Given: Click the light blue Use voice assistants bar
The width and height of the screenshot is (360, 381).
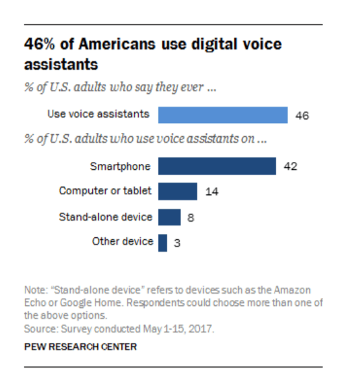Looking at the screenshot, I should [x=222, y=115].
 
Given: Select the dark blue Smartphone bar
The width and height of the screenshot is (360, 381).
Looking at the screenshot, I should [x=217, y=167].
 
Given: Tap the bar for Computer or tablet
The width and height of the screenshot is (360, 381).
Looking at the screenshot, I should [x=177, y=191].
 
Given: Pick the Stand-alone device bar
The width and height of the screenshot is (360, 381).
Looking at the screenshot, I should [x=169, y=217].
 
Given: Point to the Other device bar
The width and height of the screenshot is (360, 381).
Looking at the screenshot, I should [x=162, y=242].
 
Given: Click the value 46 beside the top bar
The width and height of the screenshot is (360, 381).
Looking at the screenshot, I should [x=302, y=116].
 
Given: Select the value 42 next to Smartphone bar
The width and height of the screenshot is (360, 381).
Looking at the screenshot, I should [x=291, y=167].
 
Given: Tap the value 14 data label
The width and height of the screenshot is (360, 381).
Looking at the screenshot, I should [x=211, y=192].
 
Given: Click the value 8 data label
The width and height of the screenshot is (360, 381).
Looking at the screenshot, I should [x=191, y=218].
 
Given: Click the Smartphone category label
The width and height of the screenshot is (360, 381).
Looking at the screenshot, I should [x=120, y=167].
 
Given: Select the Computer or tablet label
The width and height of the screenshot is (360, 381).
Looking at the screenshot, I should [x=105, y=191].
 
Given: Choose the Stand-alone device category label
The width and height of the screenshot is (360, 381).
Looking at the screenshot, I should [x=105, y=216].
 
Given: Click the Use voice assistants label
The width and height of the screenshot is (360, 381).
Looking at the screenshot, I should [x=98, y=115].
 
